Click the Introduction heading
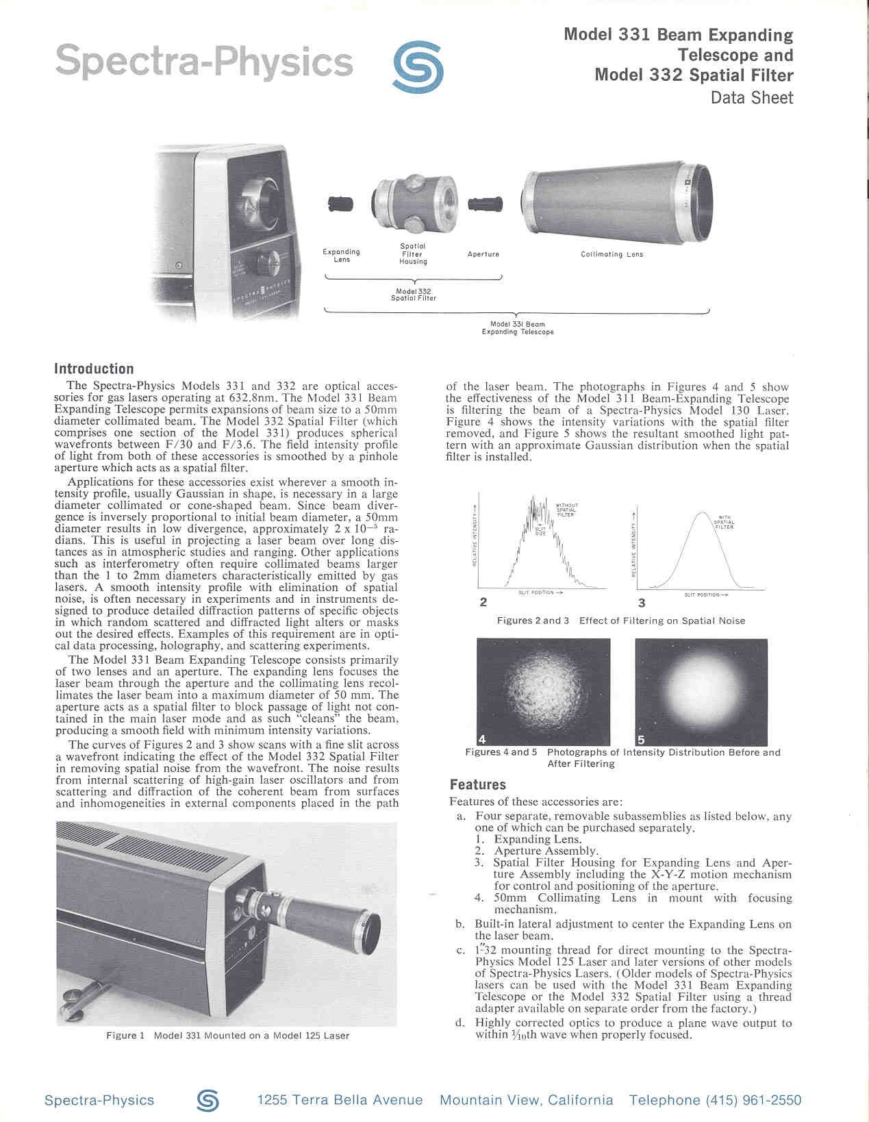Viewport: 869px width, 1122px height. point(94,369)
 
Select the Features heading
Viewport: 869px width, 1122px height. point(477,785)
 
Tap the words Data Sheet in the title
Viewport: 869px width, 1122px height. point(751,98)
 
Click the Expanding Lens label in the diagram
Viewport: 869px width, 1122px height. point(341,255)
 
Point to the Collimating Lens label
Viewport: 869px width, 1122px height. point(612,254)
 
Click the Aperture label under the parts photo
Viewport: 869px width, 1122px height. point(483,254)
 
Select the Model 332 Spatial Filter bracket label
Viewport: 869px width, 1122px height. point(413,295)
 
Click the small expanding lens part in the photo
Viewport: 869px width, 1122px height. point(340,203)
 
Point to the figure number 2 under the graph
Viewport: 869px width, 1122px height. point(483,603)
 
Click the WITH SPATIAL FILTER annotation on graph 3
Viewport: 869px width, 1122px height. point(724,522)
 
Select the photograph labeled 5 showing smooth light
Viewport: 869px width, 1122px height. point(701,692)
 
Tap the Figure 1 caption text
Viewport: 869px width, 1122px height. point(227,1036)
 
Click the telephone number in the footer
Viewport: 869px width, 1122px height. point(715,1100)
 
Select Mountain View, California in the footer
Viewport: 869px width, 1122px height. point(526,1100)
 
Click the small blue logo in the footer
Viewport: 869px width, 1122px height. point(207,1100)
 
